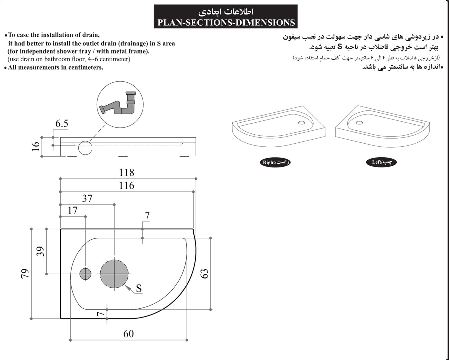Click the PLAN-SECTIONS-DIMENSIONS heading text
point(226,23)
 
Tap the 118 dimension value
point(127,172)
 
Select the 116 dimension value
point(127,185)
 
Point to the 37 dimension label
point(87,198)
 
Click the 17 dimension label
point(72,210)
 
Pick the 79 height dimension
point(24,274)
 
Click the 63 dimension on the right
point(204,274)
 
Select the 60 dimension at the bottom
point(129,334)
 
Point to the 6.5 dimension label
point(62,124)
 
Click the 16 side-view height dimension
point(36,146)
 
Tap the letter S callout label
point(139,288)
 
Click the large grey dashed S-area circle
point(114,274)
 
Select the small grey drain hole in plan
point(85,274)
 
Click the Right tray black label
point(275,162)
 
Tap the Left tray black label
point(381,162)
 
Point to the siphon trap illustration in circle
point(120,104)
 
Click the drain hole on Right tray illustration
point(301,123)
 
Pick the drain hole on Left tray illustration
point(359,123)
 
